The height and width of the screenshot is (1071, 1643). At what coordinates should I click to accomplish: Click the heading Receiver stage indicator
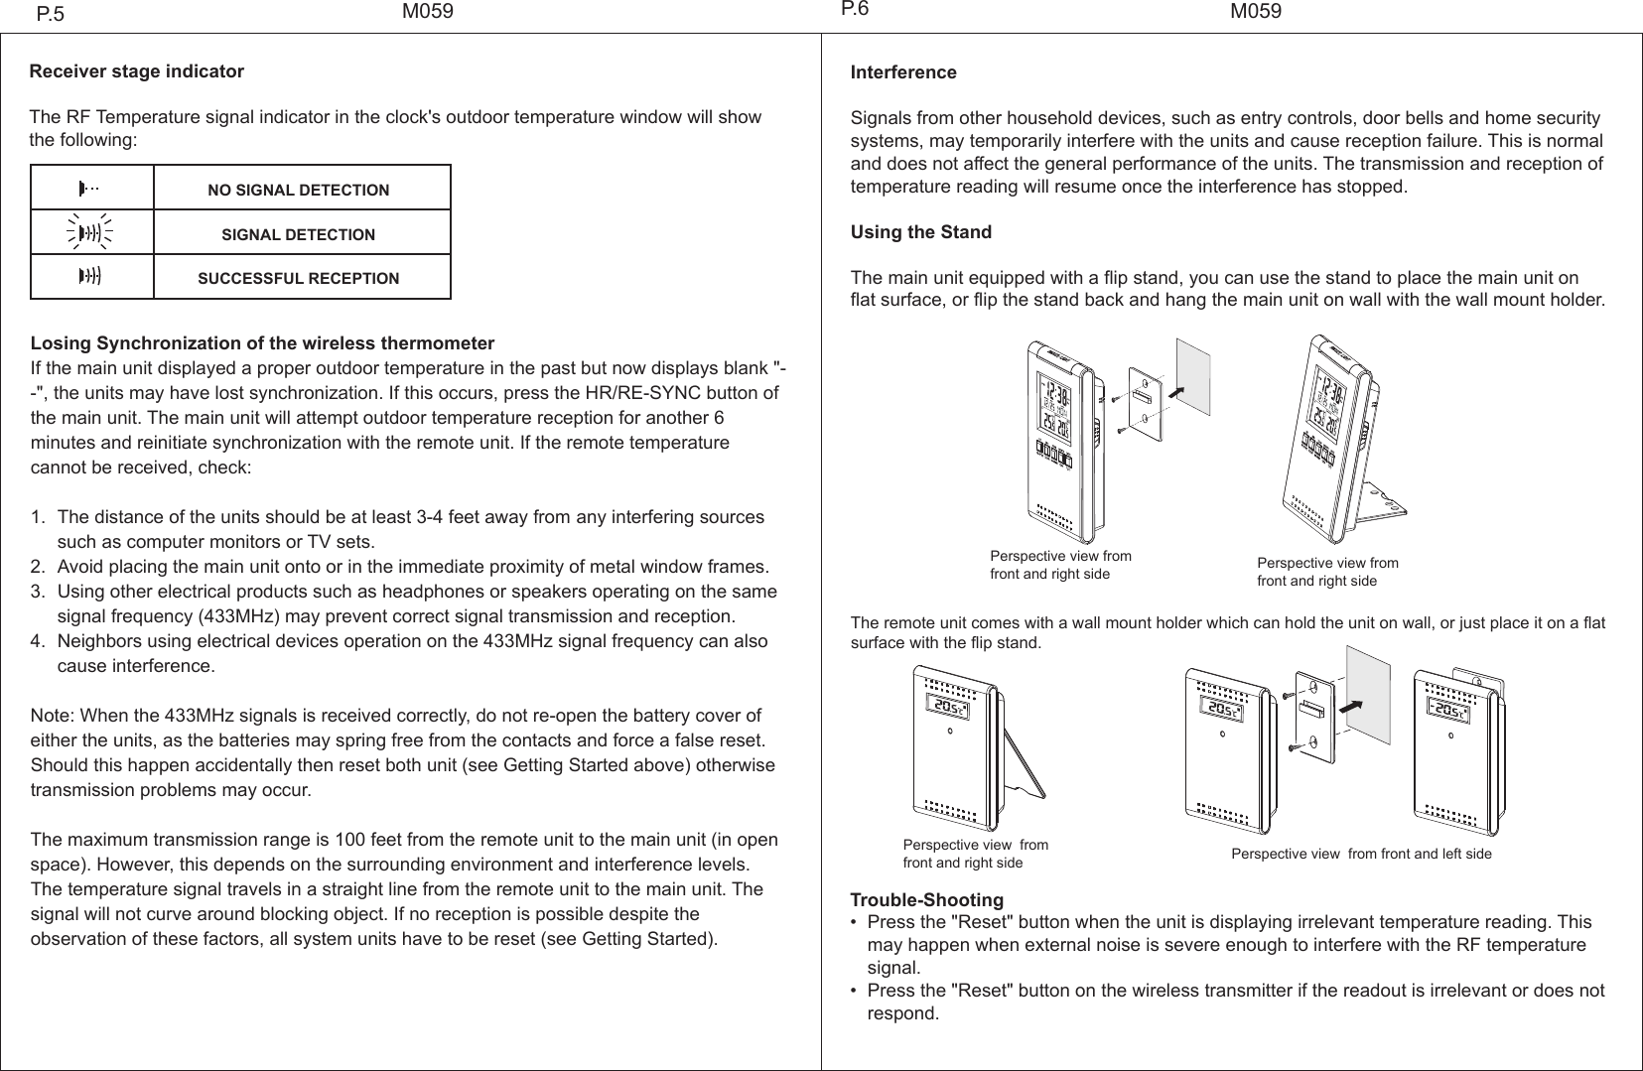137,71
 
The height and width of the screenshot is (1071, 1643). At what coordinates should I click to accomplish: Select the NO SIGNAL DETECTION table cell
298,190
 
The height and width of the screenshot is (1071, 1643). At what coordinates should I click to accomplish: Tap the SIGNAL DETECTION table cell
298,235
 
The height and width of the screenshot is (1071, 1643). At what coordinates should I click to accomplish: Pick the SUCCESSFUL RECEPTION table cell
298,279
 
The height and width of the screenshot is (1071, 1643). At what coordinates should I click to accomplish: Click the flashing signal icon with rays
91,233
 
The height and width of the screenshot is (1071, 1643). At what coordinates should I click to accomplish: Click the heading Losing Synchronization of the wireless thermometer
263,344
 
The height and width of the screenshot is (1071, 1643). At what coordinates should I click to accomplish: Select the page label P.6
854,10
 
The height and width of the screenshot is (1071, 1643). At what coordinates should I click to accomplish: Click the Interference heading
903,72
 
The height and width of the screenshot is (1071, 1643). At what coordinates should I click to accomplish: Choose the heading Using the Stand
920,232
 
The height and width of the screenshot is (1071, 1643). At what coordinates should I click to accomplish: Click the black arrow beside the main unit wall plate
1177,391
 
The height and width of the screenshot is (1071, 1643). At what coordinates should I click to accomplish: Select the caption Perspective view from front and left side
1361,854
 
